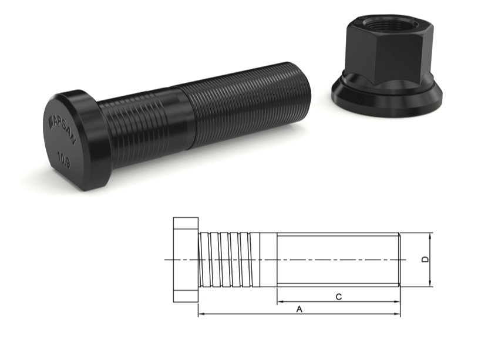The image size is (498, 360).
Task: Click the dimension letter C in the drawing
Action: (338, 297)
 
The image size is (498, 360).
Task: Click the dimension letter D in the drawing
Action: (426, 259)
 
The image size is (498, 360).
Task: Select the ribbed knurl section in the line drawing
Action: (230, 260)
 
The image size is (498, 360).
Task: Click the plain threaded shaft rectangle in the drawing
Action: (338, 260)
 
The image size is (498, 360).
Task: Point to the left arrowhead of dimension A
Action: (201, 315)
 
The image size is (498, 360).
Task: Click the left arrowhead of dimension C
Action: (280, 302)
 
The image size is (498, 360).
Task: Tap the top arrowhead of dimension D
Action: (431, 235)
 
